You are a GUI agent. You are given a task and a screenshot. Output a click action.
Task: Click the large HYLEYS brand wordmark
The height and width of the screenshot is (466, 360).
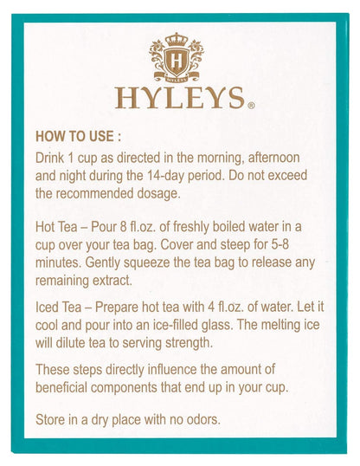[x=180, y=98]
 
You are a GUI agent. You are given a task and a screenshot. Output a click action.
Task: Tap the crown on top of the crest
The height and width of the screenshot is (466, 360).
[x=177, y=40]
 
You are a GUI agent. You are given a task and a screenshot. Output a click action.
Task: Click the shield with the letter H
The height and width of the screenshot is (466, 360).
[x=177, y=61]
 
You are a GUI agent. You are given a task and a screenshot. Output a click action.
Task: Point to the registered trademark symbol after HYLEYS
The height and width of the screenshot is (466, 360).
[x=251, y=106]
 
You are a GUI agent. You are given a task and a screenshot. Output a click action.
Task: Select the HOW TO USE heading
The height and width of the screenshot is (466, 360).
[x=79, y=136]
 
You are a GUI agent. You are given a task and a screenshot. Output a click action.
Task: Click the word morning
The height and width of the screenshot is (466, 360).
[x=220, y=159]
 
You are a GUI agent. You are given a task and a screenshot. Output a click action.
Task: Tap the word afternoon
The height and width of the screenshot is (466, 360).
[x=273, y=158]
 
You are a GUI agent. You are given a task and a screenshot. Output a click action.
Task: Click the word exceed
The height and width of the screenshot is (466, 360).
[x=287, y=175]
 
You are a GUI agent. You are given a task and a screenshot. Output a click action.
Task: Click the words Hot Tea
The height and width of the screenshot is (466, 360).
[x=57, y=227]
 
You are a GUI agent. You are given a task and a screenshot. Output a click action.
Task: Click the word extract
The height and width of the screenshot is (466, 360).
[x=112, y=281]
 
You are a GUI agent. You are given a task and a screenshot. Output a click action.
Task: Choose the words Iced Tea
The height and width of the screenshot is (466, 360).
[x=58, y=307]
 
